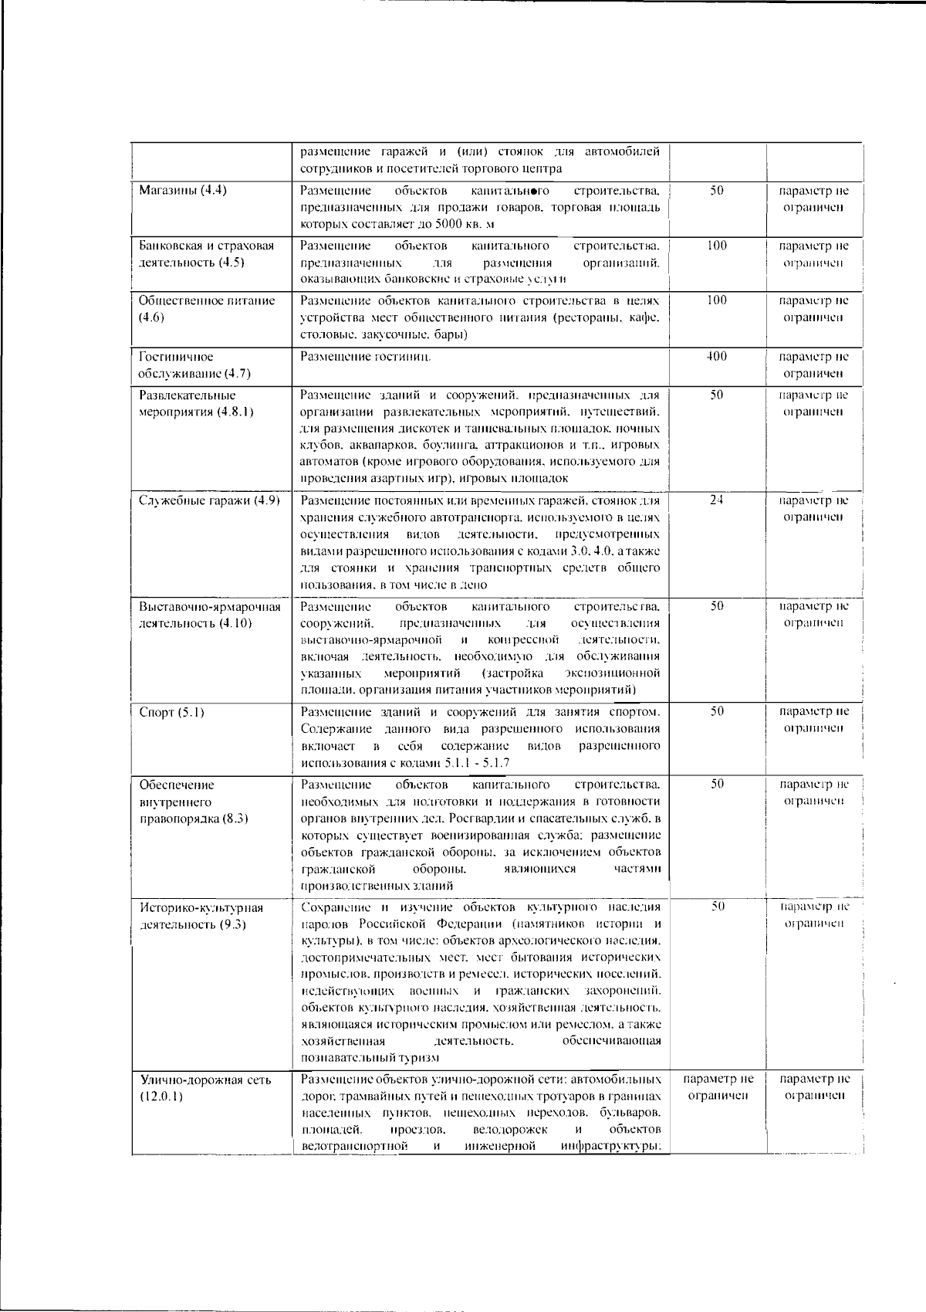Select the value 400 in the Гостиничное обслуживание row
(716, 357)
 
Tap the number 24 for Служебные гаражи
(716, 500)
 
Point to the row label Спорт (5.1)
(171, 712)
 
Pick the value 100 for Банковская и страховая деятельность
(716, 246)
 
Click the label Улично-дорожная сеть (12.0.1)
(205, 1088)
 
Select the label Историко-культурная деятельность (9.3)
(201, 916)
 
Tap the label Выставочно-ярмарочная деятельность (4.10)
(209, 615)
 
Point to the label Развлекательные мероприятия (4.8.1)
(196, 403)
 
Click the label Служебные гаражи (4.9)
(209, 500)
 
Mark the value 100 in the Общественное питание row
(716, 300)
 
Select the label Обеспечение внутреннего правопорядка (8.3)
(193, 802)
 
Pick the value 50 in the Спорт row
(716, 712)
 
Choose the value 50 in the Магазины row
(716, 190)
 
